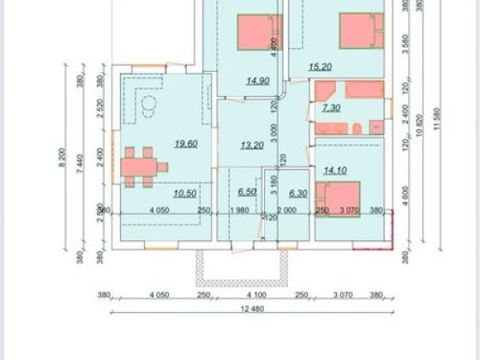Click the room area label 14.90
tap(256, 81)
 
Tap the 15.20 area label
tap(320, 67)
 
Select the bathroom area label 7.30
tap(332, 108)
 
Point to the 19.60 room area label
tap(186, 143)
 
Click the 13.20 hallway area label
tap(253, 145)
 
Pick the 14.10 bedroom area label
tap(333, 170)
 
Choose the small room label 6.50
tap(247, 194)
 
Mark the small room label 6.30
tap(298, 194)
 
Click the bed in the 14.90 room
tap(259, 33)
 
